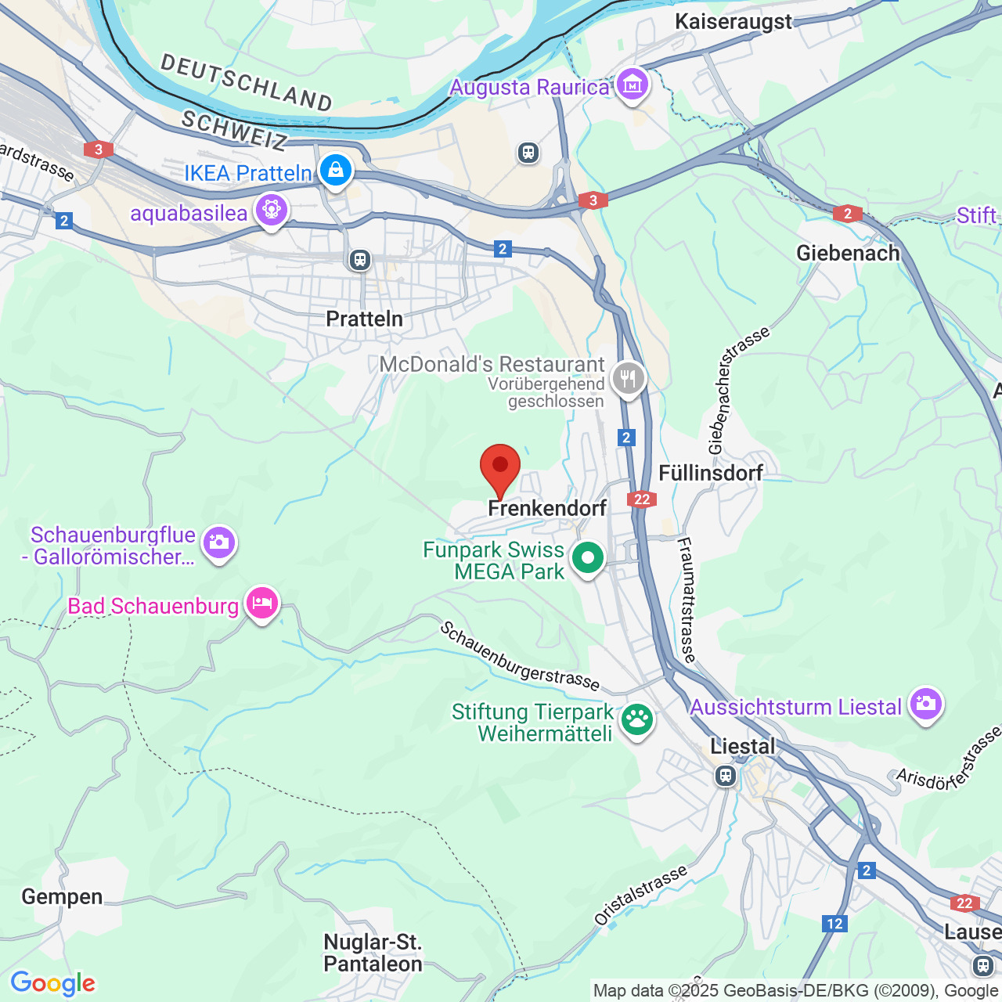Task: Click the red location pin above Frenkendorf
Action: point(499,467)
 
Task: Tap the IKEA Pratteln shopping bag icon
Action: point(336,169)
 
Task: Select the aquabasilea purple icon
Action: point(272,210)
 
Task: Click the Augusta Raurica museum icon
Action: point(632,83)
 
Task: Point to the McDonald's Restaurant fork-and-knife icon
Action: point(628,380)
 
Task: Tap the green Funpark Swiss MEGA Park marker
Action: point(588,558)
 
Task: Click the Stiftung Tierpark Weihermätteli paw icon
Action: point(637,719)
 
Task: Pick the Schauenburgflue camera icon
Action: point(218,542)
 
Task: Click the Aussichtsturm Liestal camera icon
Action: point(925,704)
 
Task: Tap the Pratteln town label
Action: point(364,319)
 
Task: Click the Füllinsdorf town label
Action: point(711,473)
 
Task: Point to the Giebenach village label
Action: point(848,253)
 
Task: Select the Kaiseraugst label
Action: point(733,21)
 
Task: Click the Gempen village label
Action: point(62,896)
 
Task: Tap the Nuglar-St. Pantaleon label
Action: point(373,953)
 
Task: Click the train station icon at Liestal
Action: point(726,776)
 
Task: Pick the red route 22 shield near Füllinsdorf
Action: point(641,499)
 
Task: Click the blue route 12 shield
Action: point(834,924)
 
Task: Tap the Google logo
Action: point(53,983)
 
